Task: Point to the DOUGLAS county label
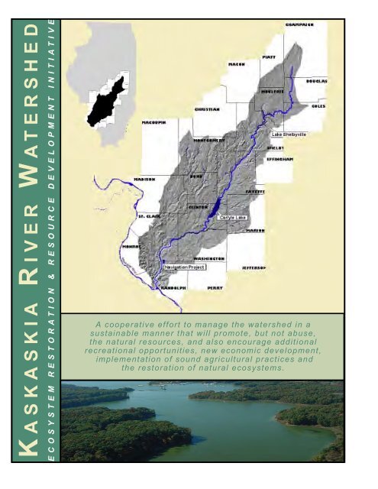317,79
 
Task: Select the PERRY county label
215,289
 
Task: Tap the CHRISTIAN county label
207,109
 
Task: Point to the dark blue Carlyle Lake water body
215,207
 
